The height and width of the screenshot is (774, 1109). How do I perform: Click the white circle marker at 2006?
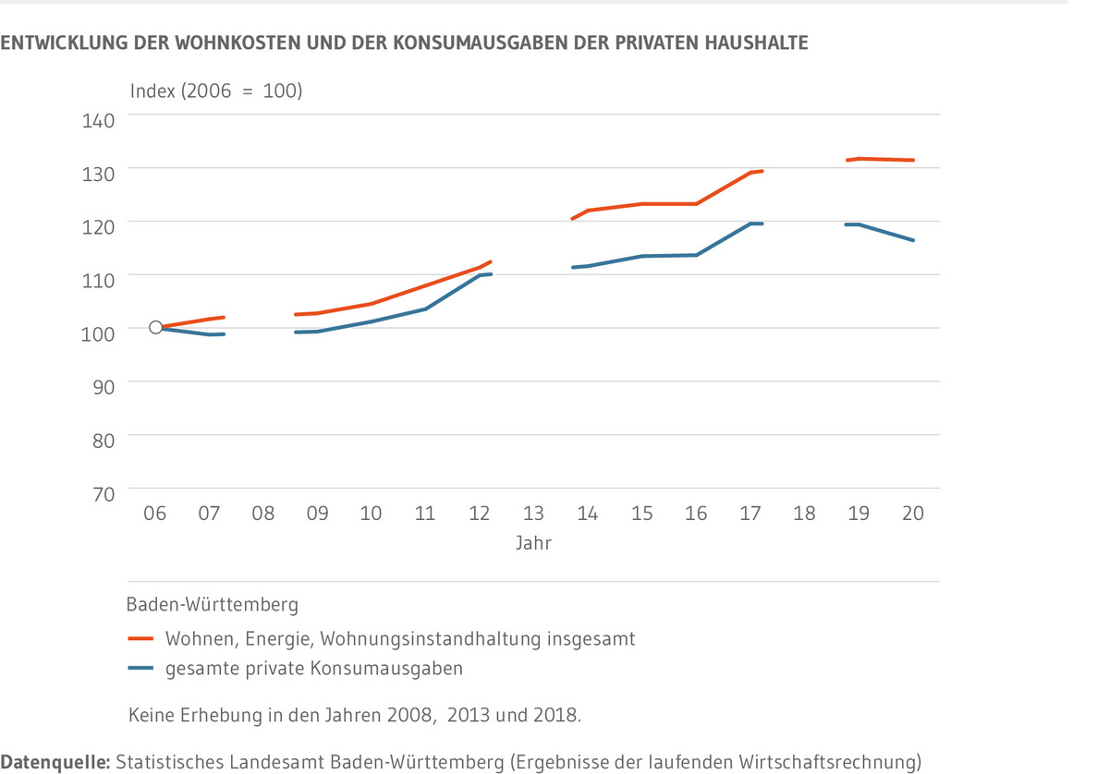(155, 327)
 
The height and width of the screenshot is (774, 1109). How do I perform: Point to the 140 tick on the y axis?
(101, 119)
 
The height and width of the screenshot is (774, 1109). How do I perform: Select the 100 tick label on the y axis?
(101, 333)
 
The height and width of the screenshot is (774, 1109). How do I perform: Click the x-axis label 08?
(263, 514)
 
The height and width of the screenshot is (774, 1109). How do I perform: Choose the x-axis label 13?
(533, 514)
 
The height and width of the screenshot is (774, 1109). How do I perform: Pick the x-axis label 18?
(804, 514)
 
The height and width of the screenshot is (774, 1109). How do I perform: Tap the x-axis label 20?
(912, 514)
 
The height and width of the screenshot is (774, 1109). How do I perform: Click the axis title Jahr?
(533, 543)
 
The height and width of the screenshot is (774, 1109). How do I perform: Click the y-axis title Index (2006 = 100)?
(216, 91)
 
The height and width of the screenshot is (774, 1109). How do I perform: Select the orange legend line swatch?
(140, 638)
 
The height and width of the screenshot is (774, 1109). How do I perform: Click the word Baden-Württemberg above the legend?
(212, 606)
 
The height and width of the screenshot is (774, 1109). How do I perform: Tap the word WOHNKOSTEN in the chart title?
(252, 42)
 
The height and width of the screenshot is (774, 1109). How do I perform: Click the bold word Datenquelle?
(55, 762)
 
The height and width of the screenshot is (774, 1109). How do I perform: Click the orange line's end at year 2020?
(913, 160)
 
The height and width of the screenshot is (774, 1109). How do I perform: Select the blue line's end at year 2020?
(913, 240)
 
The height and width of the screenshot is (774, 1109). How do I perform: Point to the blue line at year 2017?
(750, 224)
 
